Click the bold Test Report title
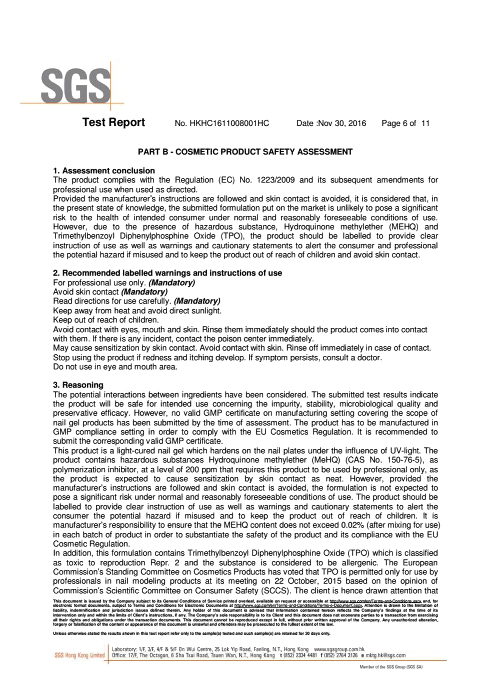tap(114, 122)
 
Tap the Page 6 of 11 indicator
tap(405, 123)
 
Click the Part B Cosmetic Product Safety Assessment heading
tap(245, 152)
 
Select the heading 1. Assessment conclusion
tap(104, 171)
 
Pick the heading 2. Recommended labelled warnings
tap(167, 273)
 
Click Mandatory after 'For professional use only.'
tap(172, 283)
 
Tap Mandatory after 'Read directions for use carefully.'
tap(197, 301)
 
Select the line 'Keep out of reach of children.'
tap(106, 320)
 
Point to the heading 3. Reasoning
tap(78, 385)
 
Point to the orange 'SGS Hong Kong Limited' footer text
tap(79, 655)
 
